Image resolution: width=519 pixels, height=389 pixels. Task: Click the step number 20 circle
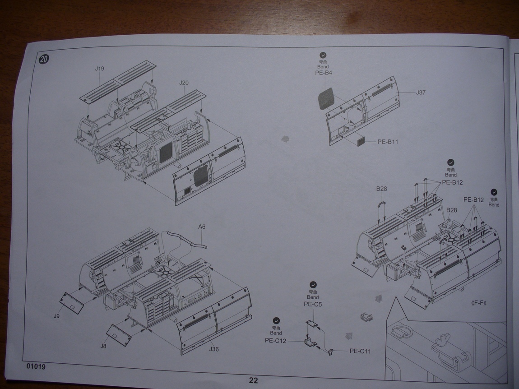(x=44, y=60)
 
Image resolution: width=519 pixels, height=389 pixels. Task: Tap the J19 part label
(x=100, y=69)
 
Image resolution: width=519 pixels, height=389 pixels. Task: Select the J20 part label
(x=184, y=83)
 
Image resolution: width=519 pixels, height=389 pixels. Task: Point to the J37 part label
(x=421, y=93)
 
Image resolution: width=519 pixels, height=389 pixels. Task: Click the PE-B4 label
(x=324, y=73)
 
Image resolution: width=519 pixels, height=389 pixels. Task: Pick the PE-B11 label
(x=388, y=142)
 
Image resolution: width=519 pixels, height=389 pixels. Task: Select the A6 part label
(x=202, y=227)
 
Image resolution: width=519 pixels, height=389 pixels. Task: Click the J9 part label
(x=56, y=316)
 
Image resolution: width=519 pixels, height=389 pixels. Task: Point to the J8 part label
(x=103, y=347)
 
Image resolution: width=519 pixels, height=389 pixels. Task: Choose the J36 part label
(x=214, y=349)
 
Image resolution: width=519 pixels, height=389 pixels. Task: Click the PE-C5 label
(x=313, y=304)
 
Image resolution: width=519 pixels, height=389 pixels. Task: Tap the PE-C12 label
(x=276, y=341)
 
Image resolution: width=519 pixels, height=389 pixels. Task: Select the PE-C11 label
(x=360, y=351)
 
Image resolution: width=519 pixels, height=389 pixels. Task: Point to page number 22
(x=254, y=380)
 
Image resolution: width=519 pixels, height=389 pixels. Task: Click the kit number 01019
(x=36, y=366)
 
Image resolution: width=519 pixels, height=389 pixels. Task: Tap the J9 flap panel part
(x=73, y=303)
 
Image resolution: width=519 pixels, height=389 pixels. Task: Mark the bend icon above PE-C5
(x=313, y=285)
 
